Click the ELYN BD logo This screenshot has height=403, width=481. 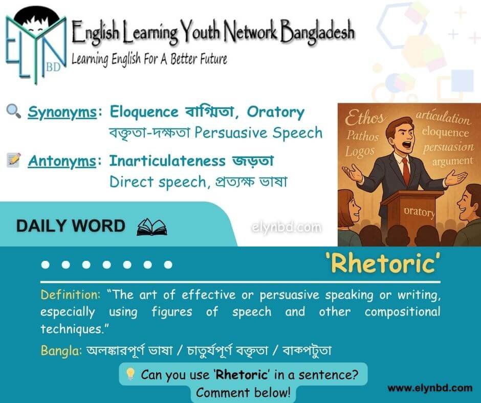tap(36, 46)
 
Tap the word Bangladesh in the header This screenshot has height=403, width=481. tap(317, 32)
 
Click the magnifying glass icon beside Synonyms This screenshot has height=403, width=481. tap(13, 111)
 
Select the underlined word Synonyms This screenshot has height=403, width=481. tap(62, 112)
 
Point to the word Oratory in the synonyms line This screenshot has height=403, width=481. tap(275, 112)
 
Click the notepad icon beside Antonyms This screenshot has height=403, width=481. tap(14, 160)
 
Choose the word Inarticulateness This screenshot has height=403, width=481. tap(167, 161)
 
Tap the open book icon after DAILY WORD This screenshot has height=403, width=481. tap(152, 227)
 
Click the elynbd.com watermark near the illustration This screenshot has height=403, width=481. tap(287, 228)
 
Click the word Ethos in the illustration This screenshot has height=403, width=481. tap(364, 117)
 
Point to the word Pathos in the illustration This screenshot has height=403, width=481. tap(363, 135)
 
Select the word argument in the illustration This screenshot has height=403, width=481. tap(452, 161)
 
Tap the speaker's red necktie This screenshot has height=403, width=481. tap(406, 170)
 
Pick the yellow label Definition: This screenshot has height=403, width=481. tap(71, 295)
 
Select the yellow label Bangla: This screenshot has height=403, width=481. tap(61, 350)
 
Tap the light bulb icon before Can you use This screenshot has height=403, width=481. tap(130, 374)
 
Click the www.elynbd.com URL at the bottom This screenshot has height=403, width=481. tap(430, 388)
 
